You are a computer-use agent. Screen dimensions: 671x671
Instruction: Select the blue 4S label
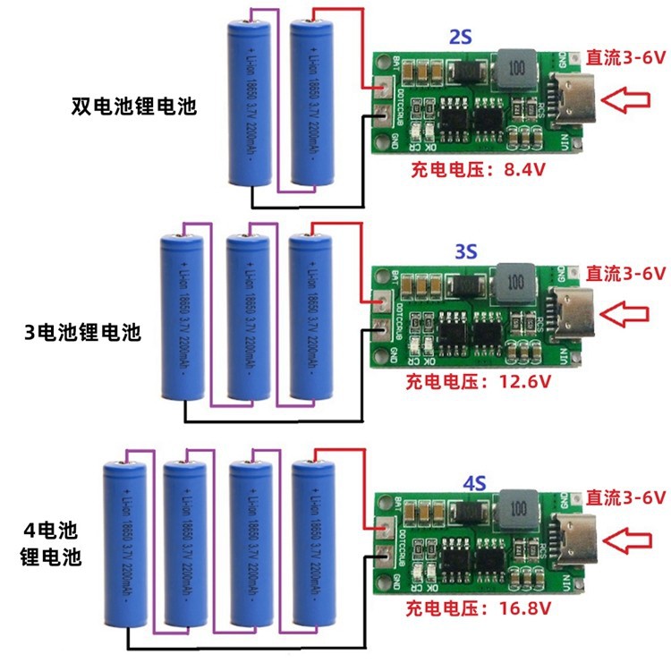[x=473, y=484]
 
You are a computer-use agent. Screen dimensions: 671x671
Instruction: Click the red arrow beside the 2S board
[x=625, y=98]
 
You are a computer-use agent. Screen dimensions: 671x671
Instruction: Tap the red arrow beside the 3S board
[x=625, y=313]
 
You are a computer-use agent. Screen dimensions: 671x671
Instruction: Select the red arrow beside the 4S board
[x=625, y=539]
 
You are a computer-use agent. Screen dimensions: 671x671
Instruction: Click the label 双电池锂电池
[x=134, y=106]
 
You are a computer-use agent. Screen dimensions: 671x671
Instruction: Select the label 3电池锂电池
[x=83, y=334]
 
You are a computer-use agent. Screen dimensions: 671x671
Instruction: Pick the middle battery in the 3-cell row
[x=248, y=317]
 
